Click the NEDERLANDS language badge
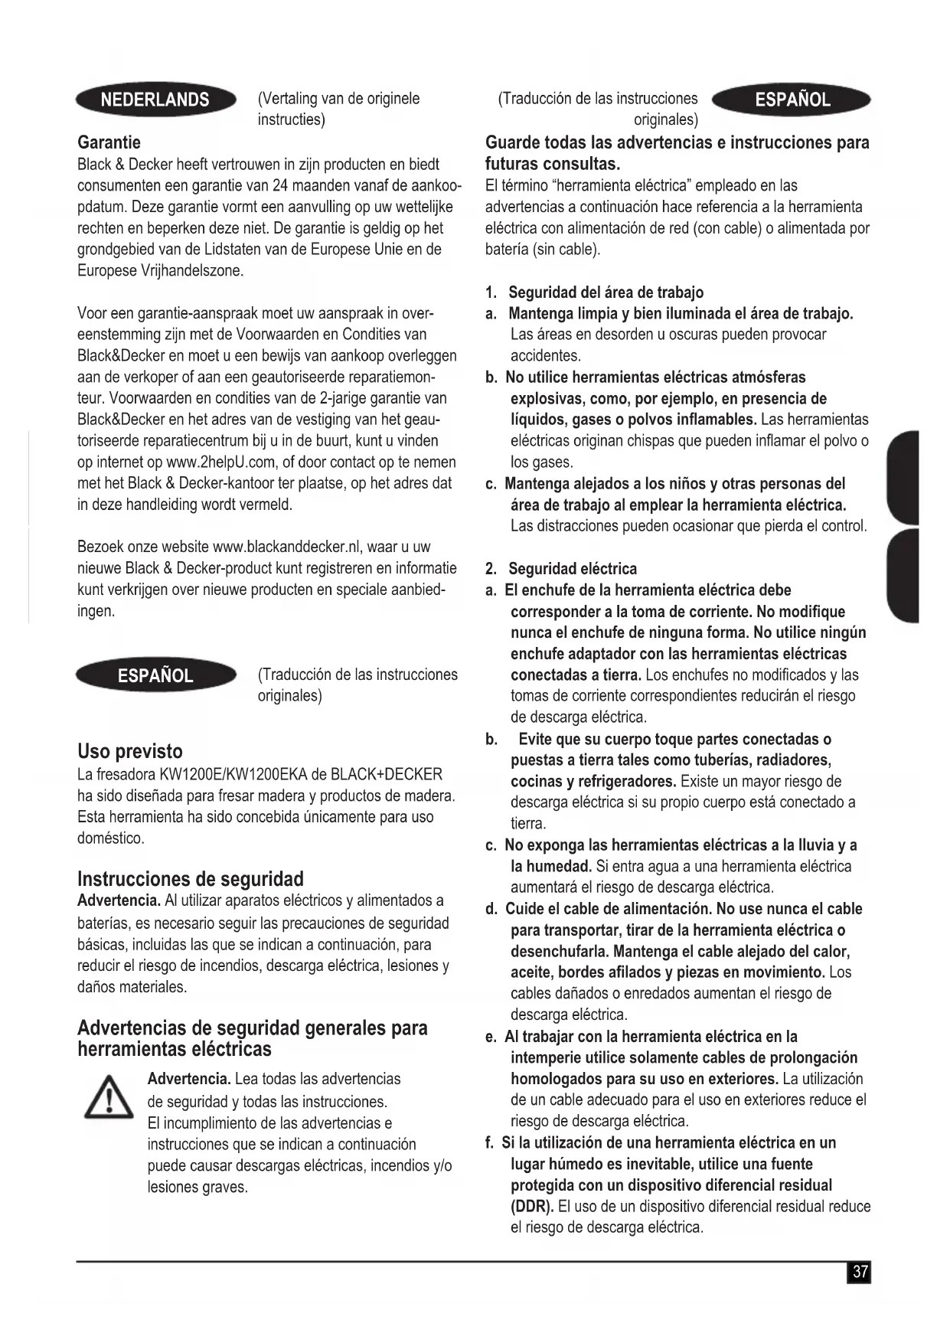click(155, 100)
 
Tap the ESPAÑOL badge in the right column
click(792, 100)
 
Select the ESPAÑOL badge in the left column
click(155, 675)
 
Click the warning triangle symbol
click(108, 1097)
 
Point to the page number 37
click(860, 1272)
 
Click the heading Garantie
click(109, 142)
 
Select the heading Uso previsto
click(129, 751)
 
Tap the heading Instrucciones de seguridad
click(190, 878)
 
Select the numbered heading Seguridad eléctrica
click(572, 569)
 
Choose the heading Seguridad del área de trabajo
click(606, 292)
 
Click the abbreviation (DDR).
click(532, 1207)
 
